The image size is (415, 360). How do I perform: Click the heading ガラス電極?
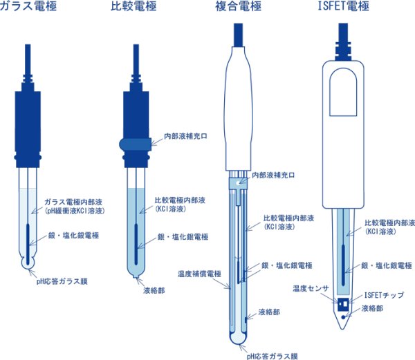[x=28, y=6]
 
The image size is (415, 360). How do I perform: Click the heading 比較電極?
[x=133, y=6]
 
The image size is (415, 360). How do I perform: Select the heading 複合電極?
[x=238, y=6]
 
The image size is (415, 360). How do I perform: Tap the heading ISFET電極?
[x=343, y=6]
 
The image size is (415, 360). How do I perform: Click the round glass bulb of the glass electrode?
[x=28, y=263]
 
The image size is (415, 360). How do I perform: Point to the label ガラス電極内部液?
[x=73, y=202]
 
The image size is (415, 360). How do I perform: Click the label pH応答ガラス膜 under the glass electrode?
[x=62, y=281]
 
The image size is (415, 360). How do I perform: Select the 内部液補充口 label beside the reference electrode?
[x=185, y=136]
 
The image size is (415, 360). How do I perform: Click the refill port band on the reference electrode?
[x=136, y=144]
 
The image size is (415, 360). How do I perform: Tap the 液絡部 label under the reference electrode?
[x=154, y=290]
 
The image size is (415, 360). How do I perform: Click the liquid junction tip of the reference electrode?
[x=136, y=276]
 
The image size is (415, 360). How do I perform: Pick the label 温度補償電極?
[x=199, y=274]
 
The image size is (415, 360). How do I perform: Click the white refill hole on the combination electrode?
[x=239, y=182]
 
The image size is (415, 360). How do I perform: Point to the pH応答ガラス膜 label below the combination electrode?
[x=272, y=356]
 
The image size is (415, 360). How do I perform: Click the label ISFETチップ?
[x=385, y=295]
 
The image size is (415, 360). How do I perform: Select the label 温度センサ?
[x=311, y=288]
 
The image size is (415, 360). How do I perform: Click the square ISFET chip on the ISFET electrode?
[x=343, y=304]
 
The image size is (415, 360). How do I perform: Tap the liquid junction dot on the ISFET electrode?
[x=344, y=317]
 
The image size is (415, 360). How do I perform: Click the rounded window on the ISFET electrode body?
[x=343, y=92]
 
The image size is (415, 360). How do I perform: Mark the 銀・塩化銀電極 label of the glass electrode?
[x=73, y=235]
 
